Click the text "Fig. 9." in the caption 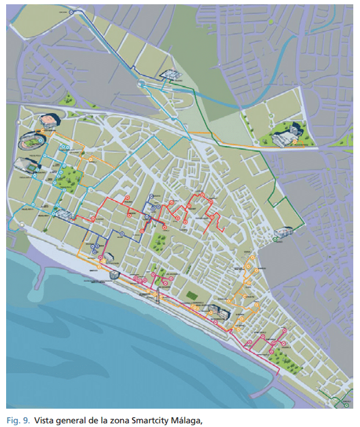pos(18,420)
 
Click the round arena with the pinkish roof pos(46,120)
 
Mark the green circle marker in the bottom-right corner pos(346,404)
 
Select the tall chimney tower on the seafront pos(157,296)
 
